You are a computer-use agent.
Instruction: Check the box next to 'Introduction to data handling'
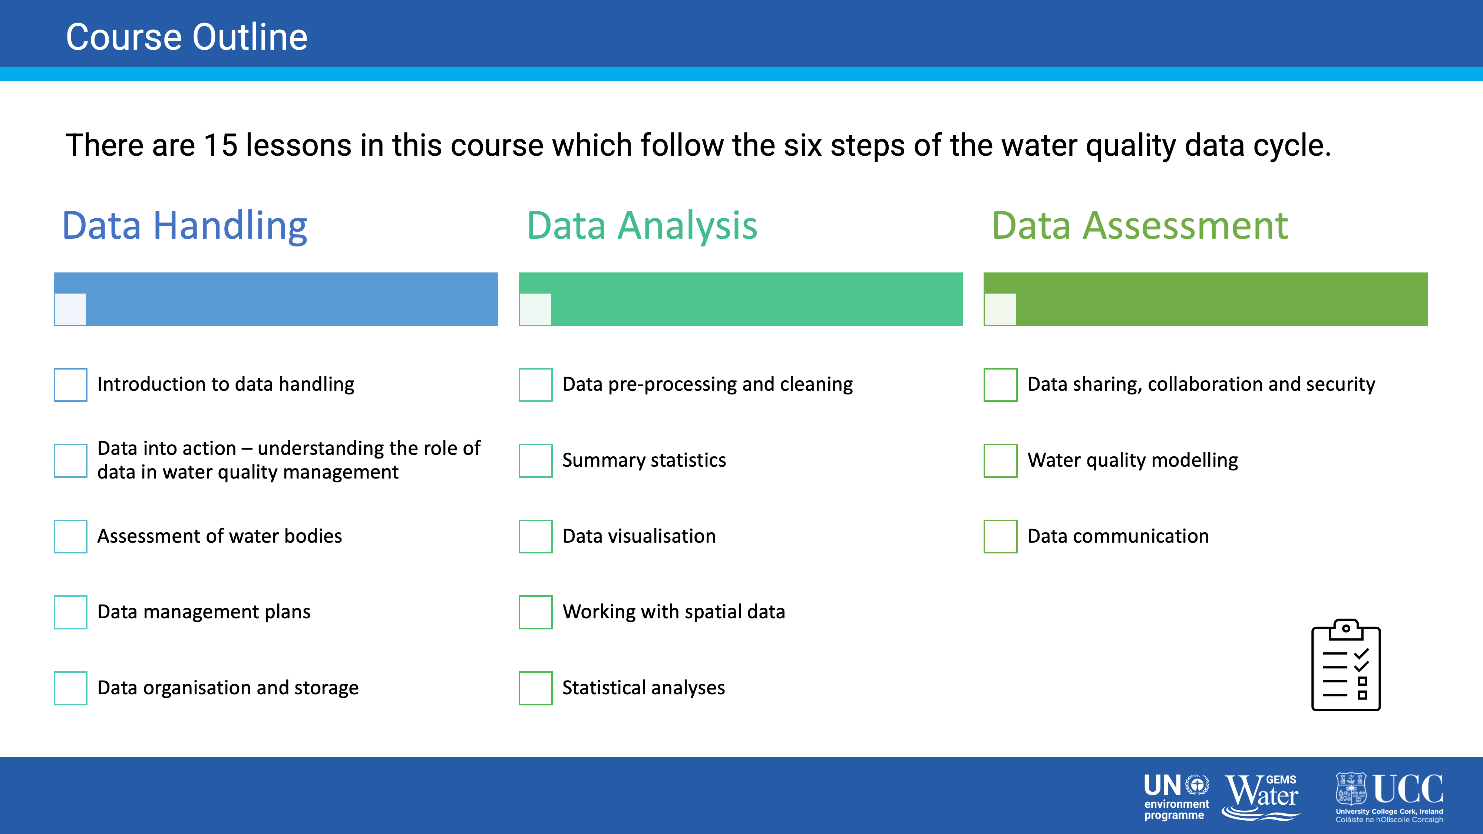coord(70,384)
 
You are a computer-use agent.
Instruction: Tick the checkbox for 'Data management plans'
coord(70,612)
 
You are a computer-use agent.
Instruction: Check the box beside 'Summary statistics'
coord(535,460)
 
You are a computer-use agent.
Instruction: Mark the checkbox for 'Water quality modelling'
coord(1001,460)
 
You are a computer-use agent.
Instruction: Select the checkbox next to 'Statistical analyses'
coord(535,688)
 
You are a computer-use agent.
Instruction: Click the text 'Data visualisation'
coord(639,536)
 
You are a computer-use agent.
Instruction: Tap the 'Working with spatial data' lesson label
coord(674,612)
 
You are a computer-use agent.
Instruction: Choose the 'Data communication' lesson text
coord(1118,536)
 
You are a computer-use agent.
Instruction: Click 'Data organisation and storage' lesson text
coord(228,688)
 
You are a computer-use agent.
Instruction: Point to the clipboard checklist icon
coord(1346,665)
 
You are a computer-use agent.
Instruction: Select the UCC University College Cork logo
coord(1389,798)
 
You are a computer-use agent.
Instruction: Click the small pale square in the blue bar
coord(70,310)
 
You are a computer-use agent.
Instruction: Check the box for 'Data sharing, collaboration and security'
coord(1001,384)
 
